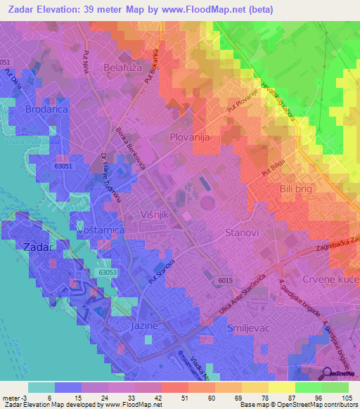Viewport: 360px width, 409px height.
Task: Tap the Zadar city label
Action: tap(38, 247)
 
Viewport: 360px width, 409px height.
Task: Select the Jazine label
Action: tap(143, 327)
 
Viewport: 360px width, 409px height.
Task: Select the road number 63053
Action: tap(108, 271)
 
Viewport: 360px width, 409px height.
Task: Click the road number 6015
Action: tap(225, 280)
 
